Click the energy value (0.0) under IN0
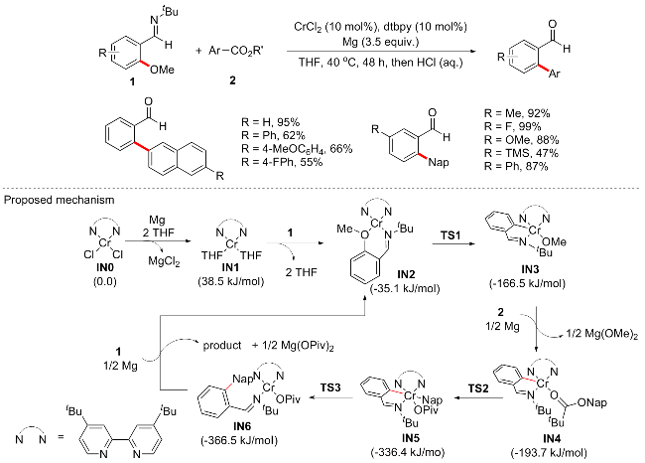(x=103, y=277)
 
